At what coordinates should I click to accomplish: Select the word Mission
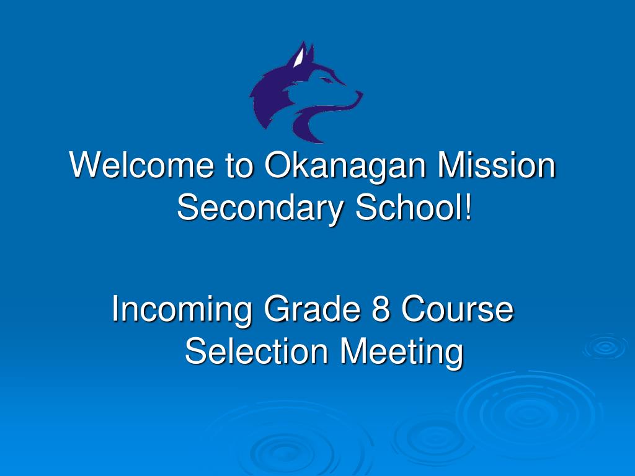(496, 166)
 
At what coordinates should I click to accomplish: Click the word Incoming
(182, 310)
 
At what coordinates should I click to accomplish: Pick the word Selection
(255, 351)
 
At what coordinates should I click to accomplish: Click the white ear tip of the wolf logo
(300, 57)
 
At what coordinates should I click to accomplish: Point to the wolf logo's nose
(358, 94)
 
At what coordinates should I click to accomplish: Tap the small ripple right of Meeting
(605, 347)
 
